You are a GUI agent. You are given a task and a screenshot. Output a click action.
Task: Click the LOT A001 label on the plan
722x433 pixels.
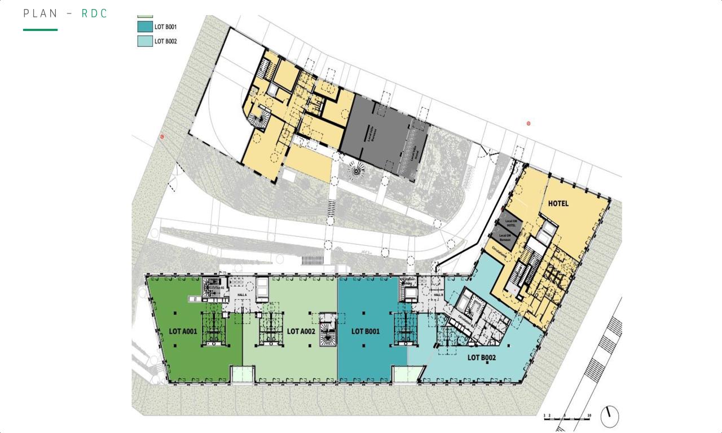coord(183,332)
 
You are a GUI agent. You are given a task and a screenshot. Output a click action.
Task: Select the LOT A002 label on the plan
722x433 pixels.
coord(301,332)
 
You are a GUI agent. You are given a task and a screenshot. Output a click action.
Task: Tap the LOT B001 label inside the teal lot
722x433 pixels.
coord(366,332)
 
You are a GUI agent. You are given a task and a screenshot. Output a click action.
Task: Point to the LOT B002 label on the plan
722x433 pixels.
coord(481,357)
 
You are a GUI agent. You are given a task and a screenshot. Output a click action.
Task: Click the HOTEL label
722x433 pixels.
coord(558,204)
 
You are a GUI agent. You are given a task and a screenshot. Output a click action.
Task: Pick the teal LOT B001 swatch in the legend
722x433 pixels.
coord(145,26)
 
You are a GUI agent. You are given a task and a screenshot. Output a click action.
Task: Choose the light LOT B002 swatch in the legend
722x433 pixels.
coord(145,41)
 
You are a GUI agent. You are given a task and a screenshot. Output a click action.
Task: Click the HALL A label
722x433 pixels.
coord(242,295)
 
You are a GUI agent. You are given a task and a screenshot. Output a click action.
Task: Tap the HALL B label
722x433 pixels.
coord(438,295)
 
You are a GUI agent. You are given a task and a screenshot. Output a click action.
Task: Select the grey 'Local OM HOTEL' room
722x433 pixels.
coord(510,223)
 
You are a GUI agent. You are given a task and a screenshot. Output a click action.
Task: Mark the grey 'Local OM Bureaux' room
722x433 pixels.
coord(505,238)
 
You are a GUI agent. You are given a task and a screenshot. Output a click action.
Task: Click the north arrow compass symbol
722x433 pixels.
coord(609,417)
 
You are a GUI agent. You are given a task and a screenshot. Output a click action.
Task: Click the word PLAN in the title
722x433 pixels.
coord(41,14)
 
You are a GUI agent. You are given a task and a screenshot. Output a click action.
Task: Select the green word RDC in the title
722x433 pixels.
coord(94,14)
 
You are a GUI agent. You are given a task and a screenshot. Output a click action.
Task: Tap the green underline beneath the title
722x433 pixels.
coord(40,29)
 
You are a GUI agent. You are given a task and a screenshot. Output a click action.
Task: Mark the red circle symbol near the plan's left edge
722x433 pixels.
coord(162,136)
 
